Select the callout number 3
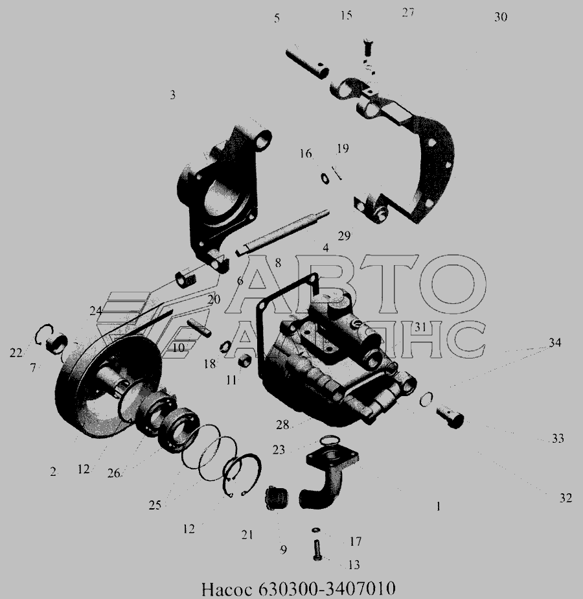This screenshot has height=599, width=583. (x=172, y=95)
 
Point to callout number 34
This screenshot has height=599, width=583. (x=554, y=342)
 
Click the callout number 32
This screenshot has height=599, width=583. (x=566, y=498)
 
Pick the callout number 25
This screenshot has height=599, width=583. (x=155, y=506)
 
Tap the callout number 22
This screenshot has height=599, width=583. (x=16, y=353)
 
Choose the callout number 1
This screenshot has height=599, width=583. (x=439, y=506)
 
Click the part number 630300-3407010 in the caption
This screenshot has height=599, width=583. (x=327, y=589)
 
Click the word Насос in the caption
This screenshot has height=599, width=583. (x=227, y=589)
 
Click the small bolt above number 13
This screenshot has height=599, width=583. (x=317, y=550)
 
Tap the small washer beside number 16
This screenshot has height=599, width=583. (x=325, y=178)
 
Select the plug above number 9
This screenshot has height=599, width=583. (x=277, y=498)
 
